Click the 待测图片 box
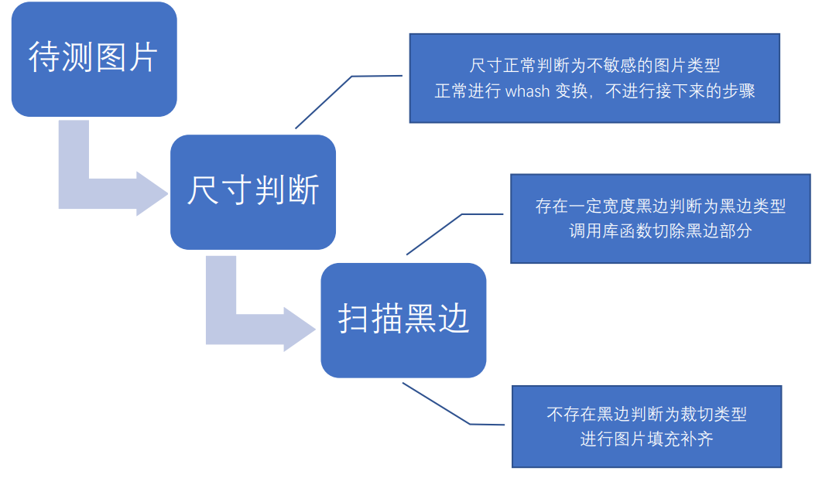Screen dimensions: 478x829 tap(94, 59)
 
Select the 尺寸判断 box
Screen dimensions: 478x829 tap(252, 192)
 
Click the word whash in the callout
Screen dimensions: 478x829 tap(528, 90)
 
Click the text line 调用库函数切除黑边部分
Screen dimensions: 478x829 tap(660, 230)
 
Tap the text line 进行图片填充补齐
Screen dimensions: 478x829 tap(646, 439)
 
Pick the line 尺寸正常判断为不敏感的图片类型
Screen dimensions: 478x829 tap(595, 66)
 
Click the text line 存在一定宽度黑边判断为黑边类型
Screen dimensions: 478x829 tap(660, 207)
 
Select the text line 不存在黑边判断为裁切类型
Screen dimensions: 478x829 tap(646, 415)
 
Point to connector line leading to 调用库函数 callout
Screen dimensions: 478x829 tap(433, 234)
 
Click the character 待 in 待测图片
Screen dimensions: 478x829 tap(44, 57)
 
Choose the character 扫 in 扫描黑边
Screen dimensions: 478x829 tap(354, 319)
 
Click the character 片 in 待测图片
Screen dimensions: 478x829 tap(142, 57)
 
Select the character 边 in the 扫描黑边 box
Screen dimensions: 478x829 tap(454, 319)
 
